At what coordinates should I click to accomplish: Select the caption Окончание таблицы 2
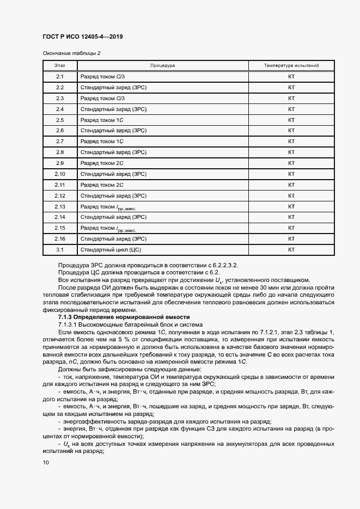(71, 53)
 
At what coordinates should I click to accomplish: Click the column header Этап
(60, 65)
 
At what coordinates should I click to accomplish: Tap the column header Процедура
(162, 65)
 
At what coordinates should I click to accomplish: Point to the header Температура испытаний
(291, 65)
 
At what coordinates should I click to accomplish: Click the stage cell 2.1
(60, 77)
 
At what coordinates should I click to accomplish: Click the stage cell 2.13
(60, 206)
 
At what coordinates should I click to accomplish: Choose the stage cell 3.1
(60, 249)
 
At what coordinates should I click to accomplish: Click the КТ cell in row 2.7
(291, 142)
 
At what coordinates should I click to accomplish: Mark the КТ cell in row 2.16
(291, 238)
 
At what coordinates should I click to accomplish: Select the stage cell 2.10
(60, 174)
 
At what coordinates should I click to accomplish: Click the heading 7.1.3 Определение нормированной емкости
(124, 316)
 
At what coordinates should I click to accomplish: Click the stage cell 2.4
(60, 109)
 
